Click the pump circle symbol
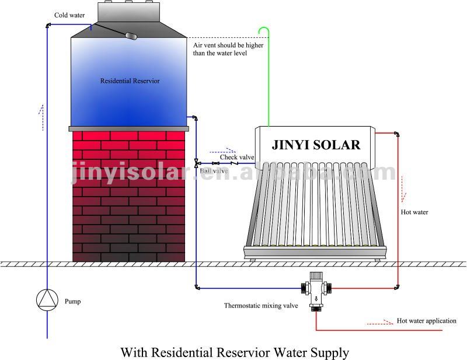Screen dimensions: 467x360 pyautogui.click(x=47, y=300)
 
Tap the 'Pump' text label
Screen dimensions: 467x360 pyautogui.click(x=72, y=301)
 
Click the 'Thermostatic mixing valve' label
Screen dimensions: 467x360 pyautogui.click(x=261, y=306)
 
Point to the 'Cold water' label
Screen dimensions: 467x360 pyautogui.click(x=69, y=15)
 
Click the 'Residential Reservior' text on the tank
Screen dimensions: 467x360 pyautogui.click(x=130, y=81)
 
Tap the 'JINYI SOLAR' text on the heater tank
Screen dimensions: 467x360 pyautogui.click(x=316, y=145)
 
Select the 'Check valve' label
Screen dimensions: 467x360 pyautogui.click(x=237, y=157)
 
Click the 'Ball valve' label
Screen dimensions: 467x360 pyautogui.click(x=214, y=170)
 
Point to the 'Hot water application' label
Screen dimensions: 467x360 pyautogui.click(x=427, y=321)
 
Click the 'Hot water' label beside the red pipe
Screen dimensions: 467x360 pyautogui.click(x=414, y=212)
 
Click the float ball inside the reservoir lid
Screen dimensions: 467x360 pyautogui.click(x=131, y=36)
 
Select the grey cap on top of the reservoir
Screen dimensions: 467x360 pyautogui.click(x=128, y=12)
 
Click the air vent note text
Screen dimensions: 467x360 pyautogui.click(x=228, y=49)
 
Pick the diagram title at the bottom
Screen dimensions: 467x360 pyautogui.click(x=235, y=352)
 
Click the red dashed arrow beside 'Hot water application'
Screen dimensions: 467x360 pyautogui.click(x=380, y=322)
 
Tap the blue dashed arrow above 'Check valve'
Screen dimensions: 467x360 pyautogui.click(x=223, y=151)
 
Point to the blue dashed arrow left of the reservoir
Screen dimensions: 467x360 pyautogui.click(x=41, y=118)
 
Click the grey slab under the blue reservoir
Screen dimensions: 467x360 pyautogui.click(x=128, y=128)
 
